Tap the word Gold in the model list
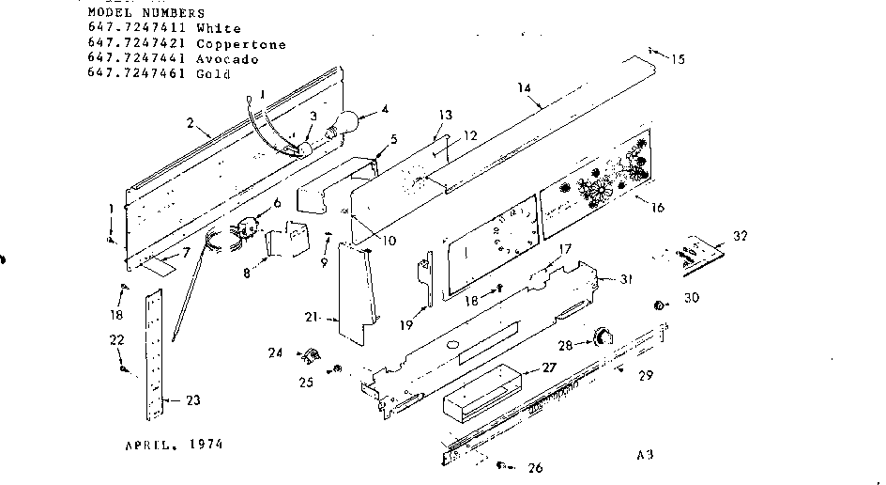(x=213, y=74)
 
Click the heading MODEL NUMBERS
(x=145, y=13)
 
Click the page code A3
(x=644, y=456)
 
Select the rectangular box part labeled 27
(x=480, y=387)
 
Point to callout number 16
(x=657, y=207)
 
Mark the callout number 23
(x=192, y=401)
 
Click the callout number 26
(x=534, y=467)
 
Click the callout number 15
(x=677, y=59)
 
